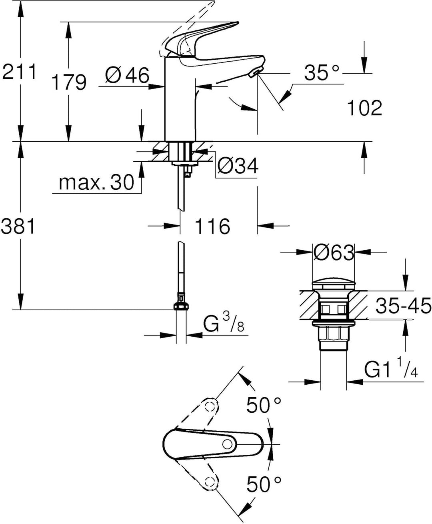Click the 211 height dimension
point(19,72)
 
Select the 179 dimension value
point(68,82)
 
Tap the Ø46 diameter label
point(127,75)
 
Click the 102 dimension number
point(364,108)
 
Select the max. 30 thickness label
point(96,183)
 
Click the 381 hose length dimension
point(18,227)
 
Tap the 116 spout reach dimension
point(212,227)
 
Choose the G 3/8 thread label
point(223,324)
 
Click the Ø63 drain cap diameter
point(334,253)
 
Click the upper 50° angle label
point(264,405)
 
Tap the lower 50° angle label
point(264,484)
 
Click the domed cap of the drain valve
point(334,284)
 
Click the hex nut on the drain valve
point(334,333)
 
